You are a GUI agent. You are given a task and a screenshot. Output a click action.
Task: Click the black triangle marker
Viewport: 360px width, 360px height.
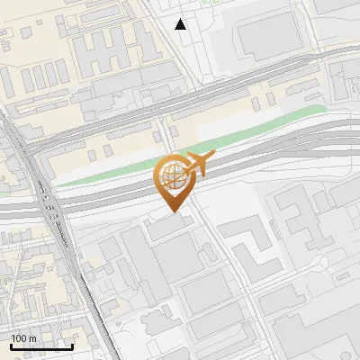click(x=181, y=24)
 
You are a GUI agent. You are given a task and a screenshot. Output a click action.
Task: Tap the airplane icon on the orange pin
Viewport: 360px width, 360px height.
click(x=198, y=165)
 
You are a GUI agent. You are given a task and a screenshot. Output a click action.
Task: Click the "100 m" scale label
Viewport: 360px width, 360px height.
click(x=23, y=338)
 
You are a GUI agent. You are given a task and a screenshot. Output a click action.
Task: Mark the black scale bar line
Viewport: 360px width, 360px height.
click(x=41, y=346)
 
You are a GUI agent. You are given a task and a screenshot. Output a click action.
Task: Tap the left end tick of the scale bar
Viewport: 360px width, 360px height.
click(x=11, y=345)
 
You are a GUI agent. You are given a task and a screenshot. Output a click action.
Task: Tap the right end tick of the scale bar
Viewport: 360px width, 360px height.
click(x=72, y=345)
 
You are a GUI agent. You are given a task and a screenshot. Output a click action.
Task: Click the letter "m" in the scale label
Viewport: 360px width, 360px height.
click(x=32, y=338)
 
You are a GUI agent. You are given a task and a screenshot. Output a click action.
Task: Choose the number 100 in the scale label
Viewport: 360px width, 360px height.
click(x=19, y=338)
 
